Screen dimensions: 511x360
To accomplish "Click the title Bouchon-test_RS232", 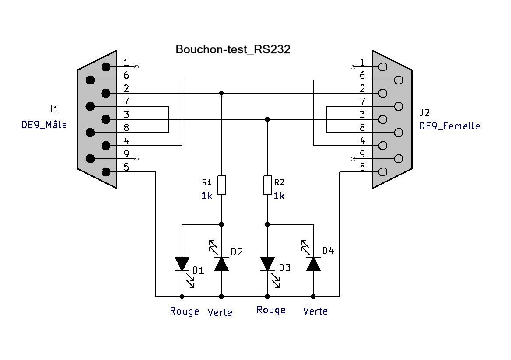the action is (233, 49).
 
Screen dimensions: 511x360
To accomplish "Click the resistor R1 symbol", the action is (221, 185).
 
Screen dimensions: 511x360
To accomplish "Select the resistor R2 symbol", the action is (267, 185).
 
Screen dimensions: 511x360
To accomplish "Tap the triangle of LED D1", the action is (182, 264).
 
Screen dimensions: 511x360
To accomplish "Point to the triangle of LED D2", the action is (221, 264).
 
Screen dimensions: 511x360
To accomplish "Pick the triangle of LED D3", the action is (267, 264).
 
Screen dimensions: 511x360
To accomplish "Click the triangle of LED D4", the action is (313, 264).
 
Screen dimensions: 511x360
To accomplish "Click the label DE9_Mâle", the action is (44, 125).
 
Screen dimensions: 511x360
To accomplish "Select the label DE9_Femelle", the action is (450, 126).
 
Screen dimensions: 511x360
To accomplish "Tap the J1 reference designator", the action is (54, 109).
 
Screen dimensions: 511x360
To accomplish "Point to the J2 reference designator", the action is (424, 113).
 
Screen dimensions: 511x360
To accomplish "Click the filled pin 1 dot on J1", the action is (106, 67).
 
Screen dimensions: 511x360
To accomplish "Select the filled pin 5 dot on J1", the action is (106, 172).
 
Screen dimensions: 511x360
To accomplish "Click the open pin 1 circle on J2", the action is (383, 67).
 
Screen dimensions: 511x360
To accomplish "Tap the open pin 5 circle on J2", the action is (383, 172).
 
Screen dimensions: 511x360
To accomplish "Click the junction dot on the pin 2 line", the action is (221, 93).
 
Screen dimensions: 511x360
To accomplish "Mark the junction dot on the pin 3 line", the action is (267, 119).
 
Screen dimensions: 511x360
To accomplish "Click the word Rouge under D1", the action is (185, 311).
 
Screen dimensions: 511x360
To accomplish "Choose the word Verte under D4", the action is (315, 311).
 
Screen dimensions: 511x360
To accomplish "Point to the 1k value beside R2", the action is (279, 196).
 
